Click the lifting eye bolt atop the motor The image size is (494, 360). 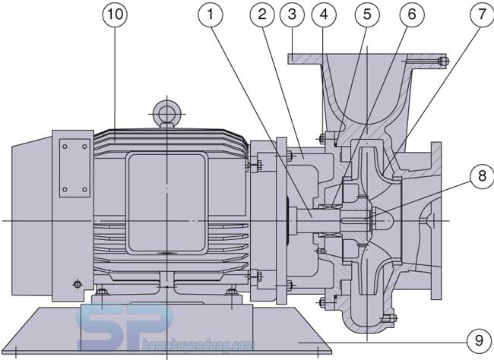[x=165, y=114]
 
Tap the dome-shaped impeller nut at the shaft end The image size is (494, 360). [x=380, y=221]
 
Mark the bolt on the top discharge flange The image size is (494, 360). [x=444, y=62]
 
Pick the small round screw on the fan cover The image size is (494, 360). [x=76, y=285]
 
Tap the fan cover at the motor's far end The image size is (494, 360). [x=30, y=220]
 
